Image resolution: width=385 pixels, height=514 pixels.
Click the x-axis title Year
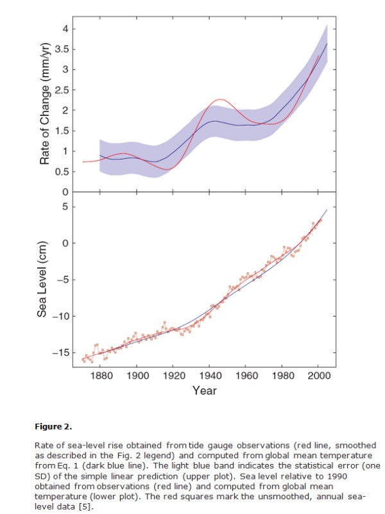pyautogui.click(x=205, y=390)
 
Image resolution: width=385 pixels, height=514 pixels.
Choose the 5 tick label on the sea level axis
pyautogui.click(x=62, y=207)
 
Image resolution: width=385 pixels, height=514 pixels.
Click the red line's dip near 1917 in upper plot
pyautogui.click(x=168, y=169)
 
